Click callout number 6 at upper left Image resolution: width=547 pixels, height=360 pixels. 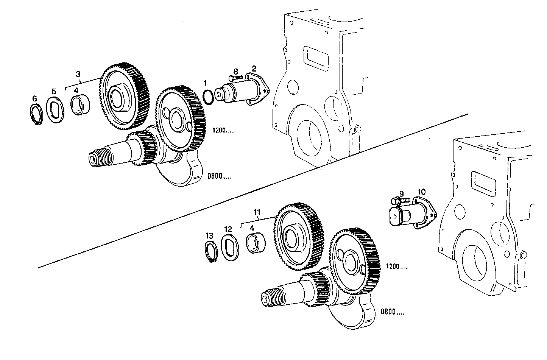click(34, 98)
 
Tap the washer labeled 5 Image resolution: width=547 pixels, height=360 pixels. click(55, 110)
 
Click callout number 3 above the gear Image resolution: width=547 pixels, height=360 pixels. click(78, 74)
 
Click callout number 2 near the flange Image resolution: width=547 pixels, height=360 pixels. click(254, 69)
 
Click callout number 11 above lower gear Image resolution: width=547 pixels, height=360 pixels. click(257, 212)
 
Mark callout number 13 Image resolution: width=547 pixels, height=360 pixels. click(209, 235)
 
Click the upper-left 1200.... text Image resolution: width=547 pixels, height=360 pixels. click(223, 131)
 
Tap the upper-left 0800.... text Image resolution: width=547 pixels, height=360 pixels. click(219, 176)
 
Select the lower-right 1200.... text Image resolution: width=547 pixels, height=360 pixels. click(397, 266)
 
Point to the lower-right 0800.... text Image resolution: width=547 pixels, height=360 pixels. click(392, 312)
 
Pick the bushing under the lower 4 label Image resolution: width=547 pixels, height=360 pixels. click(254, 243)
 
